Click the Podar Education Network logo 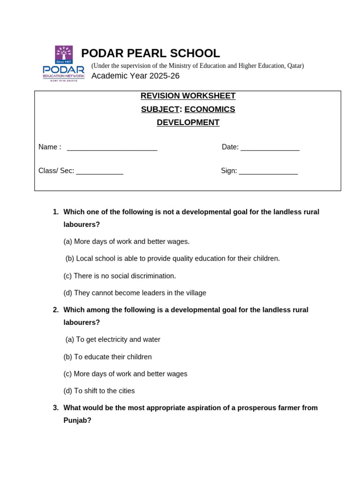point(64,63)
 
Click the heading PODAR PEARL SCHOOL point(150,53)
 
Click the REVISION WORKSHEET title point(188,96)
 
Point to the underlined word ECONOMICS point(210,110)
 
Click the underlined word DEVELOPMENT point(188,123)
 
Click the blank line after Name point(112,148)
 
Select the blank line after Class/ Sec point(99,172)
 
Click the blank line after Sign point(268,172)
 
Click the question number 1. point(55,212)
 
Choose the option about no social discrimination point(120,276)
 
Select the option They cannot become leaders point(135,293)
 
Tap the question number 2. point(55,310)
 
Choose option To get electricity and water point(113,339)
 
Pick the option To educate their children point(107,357)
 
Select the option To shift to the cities point(99,391)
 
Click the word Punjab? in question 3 point(77,420)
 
